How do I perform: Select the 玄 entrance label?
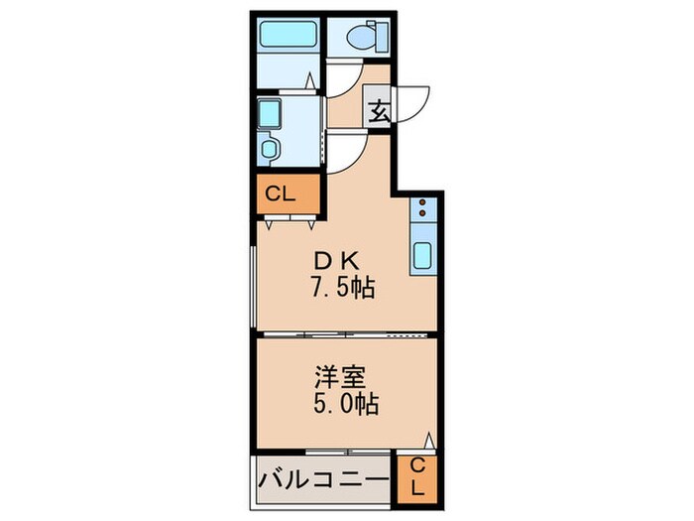point(381,111)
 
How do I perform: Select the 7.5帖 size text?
point(339,291)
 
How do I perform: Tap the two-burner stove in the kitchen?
point(420,209)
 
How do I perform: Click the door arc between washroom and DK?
point(344,150)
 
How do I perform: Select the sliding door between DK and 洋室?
point(347,334)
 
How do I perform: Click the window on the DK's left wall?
point(255,288)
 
